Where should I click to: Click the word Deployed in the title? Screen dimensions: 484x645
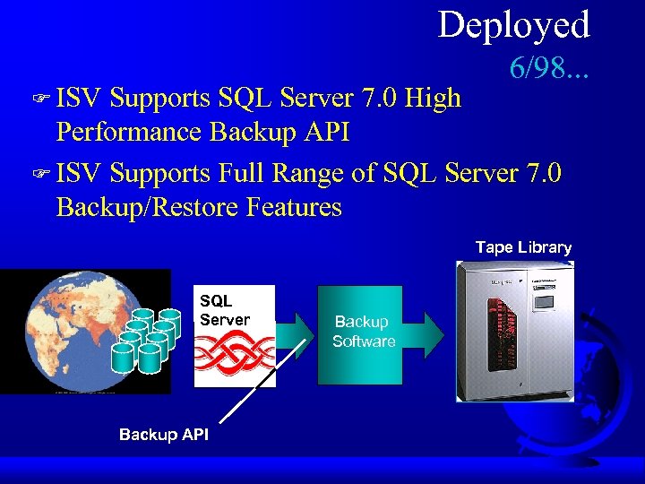pos(513,25)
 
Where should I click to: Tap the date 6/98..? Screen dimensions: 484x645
pos(547,66)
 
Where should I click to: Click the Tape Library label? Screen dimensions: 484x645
pos(523,247)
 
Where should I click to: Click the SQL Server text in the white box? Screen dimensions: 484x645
pos(225,310)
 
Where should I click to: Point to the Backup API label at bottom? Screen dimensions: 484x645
pos(164,435)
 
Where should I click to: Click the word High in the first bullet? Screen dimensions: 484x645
pos(433,97)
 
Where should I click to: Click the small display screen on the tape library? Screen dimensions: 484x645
pos(544,303)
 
